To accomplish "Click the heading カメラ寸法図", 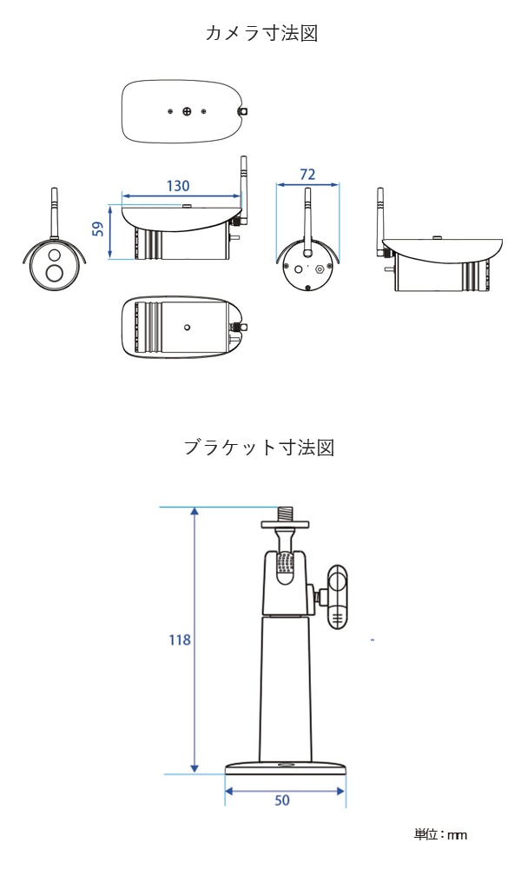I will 260,33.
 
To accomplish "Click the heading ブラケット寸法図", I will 260,448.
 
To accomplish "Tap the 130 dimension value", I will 177,186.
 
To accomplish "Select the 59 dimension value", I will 98,229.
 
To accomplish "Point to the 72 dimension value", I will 307,175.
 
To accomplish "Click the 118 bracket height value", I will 180,640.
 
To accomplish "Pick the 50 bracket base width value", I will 282,800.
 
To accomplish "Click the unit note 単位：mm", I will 440,835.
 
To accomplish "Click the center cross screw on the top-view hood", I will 187,112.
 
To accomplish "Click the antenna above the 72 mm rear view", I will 307,222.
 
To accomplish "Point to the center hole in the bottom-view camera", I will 187,328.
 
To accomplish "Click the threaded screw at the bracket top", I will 285,513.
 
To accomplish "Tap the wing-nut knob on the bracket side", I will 336,596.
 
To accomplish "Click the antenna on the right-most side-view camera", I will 380,222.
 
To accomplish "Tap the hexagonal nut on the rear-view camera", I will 320,269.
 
